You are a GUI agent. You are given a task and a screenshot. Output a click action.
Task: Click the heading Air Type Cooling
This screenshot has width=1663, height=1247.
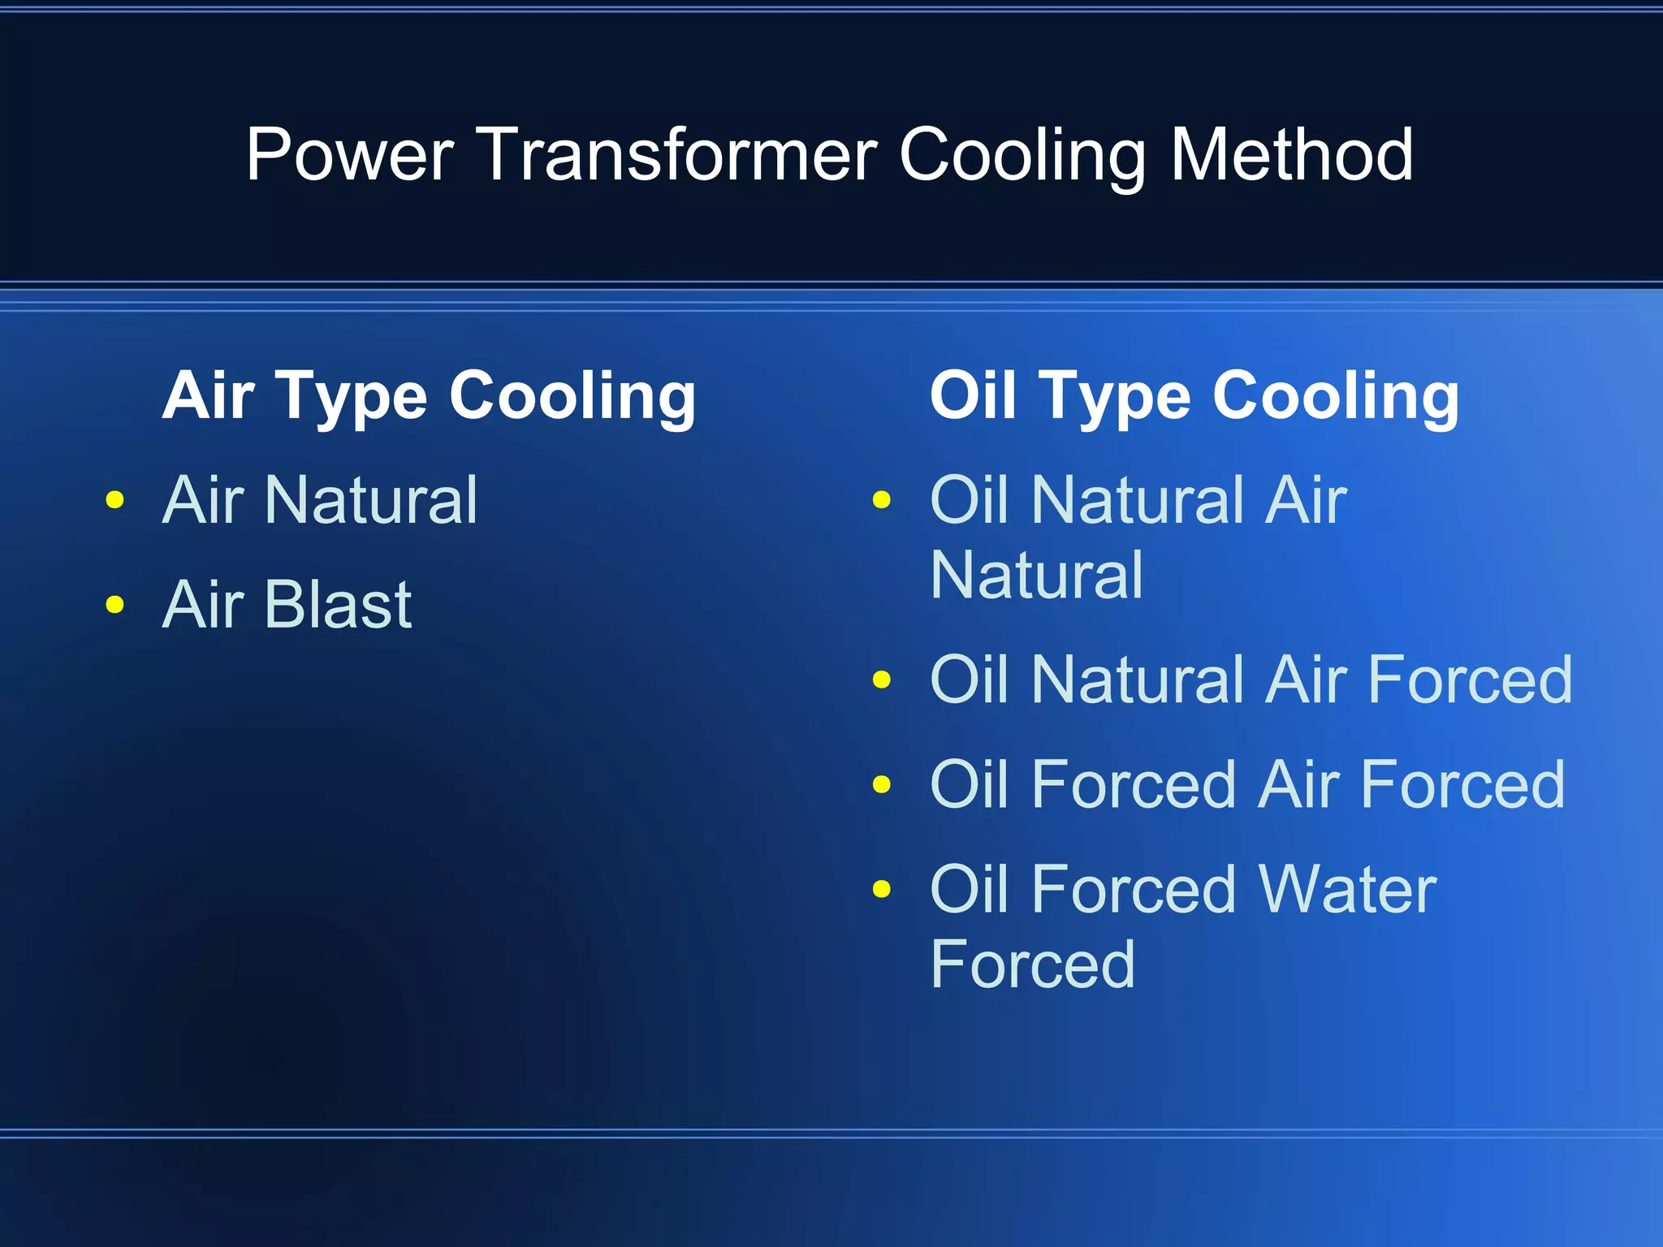tap(429, 396)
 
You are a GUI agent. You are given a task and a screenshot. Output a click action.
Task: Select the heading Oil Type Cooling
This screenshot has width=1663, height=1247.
tap(1194, 396)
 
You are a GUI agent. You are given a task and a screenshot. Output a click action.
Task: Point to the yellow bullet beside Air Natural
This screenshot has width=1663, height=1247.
tap(115, 499)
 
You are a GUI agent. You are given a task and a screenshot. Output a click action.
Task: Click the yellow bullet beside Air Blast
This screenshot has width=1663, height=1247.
tap(115, 604)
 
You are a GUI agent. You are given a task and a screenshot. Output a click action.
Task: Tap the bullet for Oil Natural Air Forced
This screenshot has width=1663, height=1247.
tap(882, 679)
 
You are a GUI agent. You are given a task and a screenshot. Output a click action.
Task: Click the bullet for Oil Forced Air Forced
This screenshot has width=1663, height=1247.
tap(882, 784)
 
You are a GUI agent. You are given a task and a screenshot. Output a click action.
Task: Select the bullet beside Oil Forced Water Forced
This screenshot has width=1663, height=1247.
tap(882, 889)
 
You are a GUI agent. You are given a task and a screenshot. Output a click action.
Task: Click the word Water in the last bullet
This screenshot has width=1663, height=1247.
tap(1347, 889)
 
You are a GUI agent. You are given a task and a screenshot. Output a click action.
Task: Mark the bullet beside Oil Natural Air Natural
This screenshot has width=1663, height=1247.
tap(882, 499)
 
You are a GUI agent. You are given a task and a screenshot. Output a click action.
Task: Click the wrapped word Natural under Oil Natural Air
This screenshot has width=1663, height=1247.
tap(1037, 575)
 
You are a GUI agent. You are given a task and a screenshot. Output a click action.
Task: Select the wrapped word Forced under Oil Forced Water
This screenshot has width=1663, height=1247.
tap(1032, 964)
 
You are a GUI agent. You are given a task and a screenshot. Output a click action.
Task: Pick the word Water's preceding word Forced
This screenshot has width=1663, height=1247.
tap(1134, 889)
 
